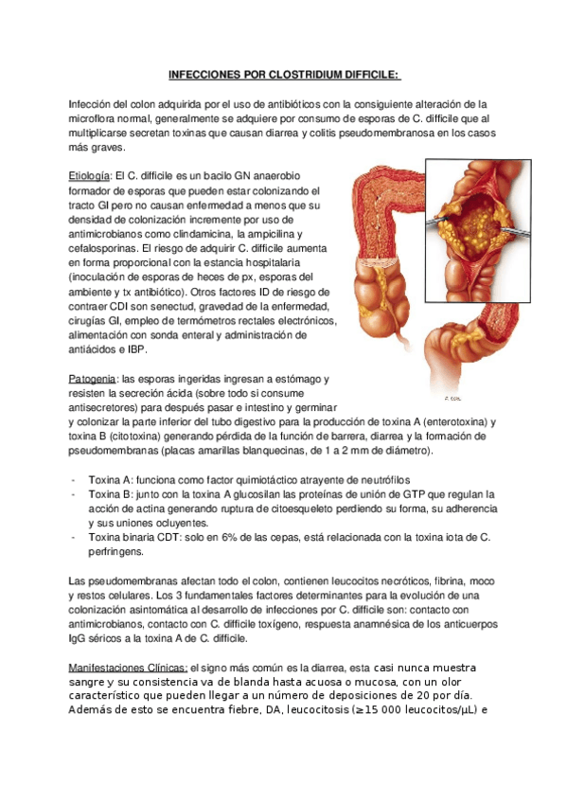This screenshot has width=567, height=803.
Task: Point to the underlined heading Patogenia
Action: click(x=93, y=378)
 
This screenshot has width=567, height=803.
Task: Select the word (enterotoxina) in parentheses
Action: click(x=439, y=421)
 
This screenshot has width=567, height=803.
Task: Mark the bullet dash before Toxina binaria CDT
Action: click(x=75, y=537)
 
